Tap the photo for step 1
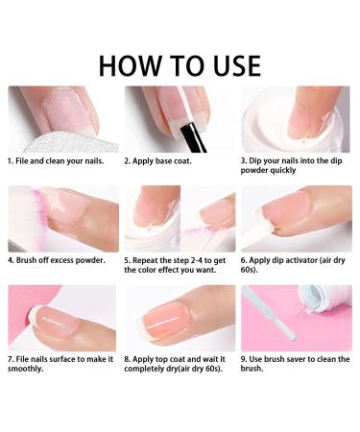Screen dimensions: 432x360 tap(62, 118)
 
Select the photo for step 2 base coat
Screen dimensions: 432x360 tap(180, 118)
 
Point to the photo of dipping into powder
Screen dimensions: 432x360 tap(297, 118)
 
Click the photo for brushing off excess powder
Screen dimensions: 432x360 tap(62, 218)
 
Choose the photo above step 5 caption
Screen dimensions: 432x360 tap(180, 218)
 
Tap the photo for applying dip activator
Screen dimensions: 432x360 tap(297, 218)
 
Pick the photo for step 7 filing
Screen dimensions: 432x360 tap(62, 318)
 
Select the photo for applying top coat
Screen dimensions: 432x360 tap(180, 318)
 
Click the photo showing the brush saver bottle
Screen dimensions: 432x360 tap(297, 318)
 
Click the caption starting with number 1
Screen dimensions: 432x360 tap(57, 161)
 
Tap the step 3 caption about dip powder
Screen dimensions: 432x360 tap(294, 166)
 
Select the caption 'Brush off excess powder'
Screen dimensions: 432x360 tap(57, 260)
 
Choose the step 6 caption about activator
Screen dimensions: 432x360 tap(293, 265)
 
